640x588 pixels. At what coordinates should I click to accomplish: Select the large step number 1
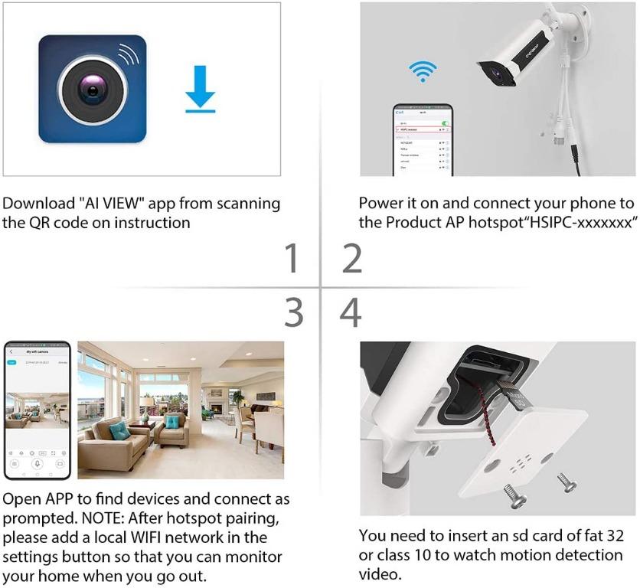click(x=292, y=259)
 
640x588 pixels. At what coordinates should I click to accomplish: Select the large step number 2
click(x=351, y=259)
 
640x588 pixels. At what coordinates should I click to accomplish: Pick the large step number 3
click(x=293, y=312)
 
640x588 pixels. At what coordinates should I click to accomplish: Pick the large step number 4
click(x=351, y=312)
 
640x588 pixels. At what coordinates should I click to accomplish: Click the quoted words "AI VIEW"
click(x=112, y=204)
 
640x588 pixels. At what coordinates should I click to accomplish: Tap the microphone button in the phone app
click(x=37, y=464)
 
